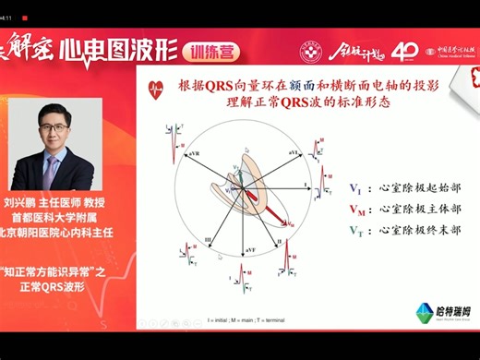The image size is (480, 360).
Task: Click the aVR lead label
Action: [x=189, y=147]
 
